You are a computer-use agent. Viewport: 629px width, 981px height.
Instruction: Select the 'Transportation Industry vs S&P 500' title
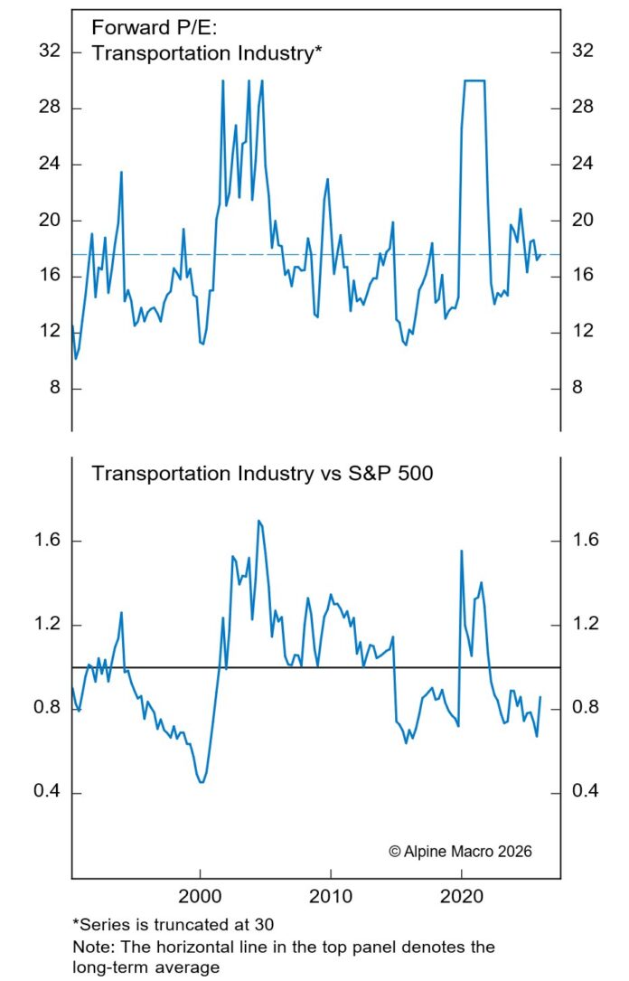click(262, 473)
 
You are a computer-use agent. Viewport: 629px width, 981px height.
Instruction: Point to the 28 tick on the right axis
click(583, 108)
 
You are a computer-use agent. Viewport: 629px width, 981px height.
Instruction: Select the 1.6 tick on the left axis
click(46, 541)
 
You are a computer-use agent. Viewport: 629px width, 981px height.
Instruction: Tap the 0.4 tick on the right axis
click(587, 793)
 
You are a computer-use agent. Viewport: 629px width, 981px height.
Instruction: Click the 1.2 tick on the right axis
click(587, 625)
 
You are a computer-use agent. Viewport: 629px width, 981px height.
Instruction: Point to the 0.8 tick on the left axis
click(46, 709)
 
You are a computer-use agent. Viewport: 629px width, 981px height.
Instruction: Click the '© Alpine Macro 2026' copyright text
click(460, 852)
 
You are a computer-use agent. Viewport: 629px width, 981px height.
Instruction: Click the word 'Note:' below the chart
click(91, 947)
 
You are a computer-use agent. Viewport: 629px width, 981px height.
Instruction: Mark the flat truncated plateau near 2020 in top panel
click(474, 80)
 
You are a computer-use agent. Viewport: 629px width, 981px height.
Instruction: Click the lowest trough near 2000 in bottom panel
click(201, 782)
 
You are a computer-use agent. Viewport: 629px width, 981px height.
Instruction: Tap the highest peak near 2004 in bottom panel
click(259, 521)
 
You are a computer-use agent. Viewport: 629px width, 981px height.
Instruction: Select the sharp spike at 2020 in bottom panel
click(462, 551)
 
